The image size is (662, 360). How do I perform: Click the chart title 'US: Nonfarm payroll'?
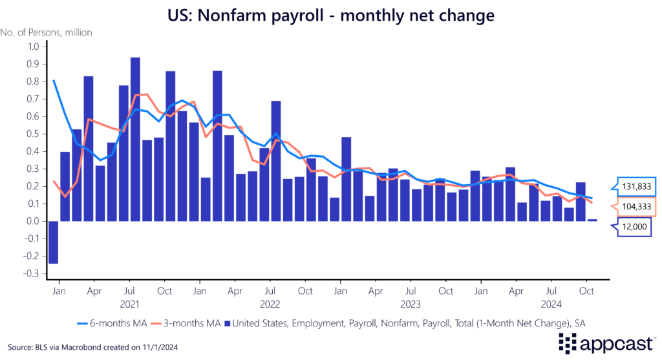coord(330,14)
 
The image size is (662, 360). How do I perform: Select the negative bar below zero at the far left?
coord(53,242)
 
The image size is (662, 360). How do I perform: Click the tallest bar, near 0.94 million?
coord(135,139)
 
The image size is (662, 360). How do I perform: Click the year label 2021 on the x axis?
coord(129,302)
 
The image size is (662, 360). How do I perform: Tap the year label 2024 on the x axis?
coord(551,302)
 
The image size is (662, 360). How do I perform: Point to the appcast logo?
coord(605,343)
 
